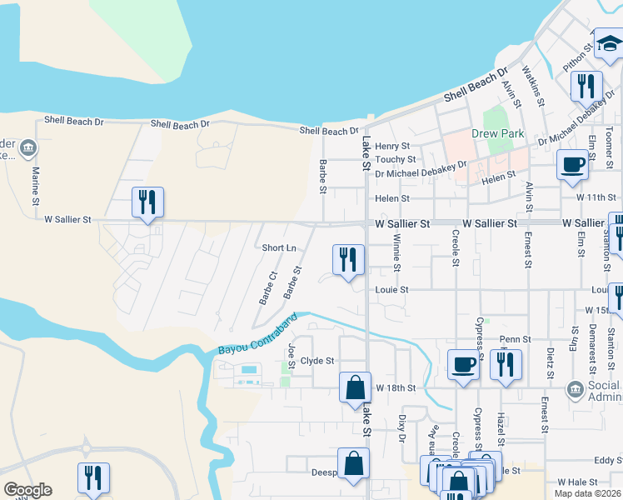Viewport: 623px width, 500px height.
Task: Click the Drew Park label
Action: [x=497, y=134]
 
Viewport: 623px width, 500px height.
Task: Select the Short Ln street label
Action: [x=279, y=248]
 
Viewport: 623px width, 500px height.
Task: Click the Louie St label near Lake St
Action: [x=391, y=290]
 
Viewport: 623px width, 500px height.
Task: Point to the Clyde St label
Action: [x=317, y=361]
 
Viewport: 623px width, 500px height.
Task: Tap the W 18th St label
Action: [x=395, y=388]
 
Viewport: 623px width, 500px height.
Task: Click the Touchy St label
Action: [x=396, y=159]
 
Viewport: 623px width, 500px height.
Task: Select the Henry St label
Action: [x=392, y=146]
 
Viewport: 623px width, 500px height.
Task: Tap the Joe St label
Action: [x=292, y=356]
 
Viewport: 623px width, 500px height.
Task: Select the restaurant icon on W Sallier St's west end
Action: [x=147, y=202]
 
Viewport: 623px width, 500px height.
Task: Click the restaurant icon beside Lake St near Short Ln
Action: [x=348, y=259]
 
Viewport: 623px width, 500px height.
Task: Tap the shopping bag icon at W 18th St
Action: [x=355, y=387]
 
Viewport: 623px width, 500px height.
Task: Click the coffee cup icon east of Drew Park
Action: [x=572, y=164]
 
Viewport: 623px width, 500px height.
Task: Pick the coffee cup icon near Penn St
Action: [x=463, y=363]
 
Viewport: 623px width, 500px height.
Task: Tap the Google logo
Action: [x=27, y=490]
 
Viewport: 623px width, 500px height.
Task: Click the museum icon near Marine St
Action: [x=27, y=149]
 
